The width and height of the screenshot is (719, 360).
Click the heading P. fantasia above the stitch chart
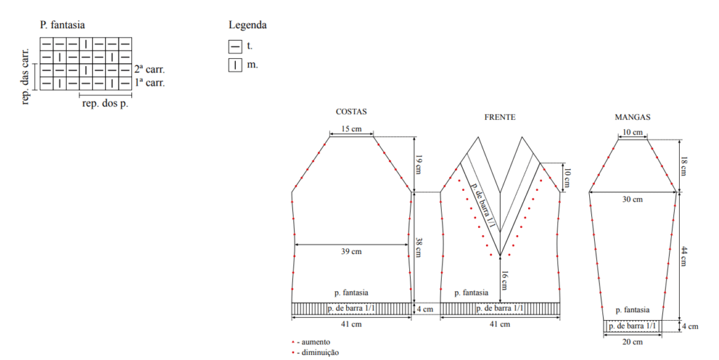click(62, 25)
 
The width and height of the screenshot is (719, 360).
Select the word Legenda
click(248, 25)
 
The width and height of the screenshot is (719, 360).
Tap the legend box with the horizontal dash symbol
click(235, 46)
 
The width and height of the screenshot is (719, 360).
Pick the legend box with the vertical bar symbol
click(235, 65)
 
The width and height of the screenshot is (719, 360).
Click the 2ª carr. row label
click(150, 69)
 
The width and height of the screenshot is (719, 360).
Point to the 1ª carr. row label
click(150, 83)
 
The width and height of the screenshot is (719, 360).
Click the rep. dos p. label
click(105, 104)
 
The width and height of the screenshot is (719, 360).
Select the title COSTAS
click(351, 112)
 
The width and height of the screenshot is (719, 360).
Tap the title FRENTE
click(500, 117)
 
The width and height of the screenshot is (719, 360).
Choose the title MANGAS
click(633, 117)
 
